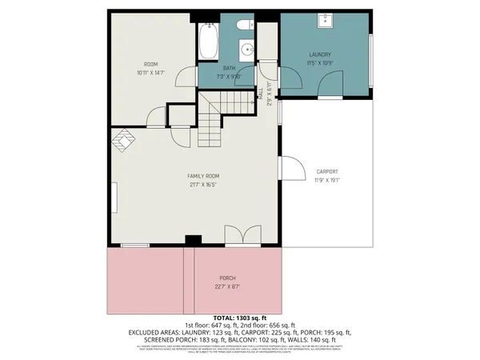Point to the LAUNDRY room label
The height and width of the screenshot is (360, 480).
[x=319, y=54]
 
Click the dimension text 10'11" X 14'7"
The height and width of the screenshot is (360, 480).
[x=151, y=72]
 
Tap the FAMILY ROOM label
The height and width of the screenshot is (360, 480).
[x=203, y=176]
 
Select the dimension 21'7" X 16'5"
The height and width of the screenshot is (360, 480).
[x=203, y=185]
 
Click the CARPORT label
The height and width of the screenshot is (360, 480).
[x=326, y=172]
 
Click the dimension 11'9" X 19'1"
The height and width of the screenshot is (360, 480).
[x=326, y=181]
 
